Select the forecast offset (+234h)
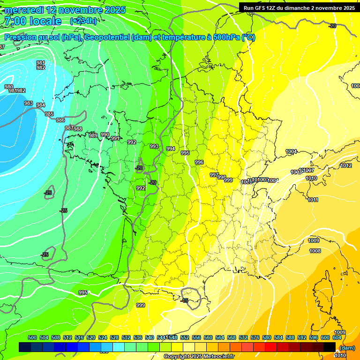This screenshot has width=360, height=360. (x=83, y=21)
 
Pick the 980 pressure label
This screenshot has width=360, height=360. (x=9, y=87)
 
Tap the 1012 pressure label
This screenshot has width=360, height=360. (x=346, y=165)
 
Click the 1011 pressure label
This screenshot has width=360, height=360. (x=313, y=200)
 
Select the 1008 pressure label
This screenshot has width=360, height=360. (x=315, y=251)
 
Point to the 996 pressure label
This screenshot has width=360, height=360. (x=199, y=162)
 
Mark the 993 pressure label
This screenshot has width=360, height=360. (x=154, y=146)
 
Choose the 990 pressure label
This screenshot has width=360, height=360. (x=105, y=135)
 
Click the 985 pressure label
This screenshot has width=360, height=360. (x=49, y=114)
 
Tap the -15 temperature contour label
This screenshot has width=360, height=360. (x=186, y=300)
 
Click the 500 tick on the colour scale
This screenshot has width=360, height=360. (x=32, y=337)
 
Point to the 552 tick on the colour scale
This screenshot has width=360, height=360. (x=185, y=337)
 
